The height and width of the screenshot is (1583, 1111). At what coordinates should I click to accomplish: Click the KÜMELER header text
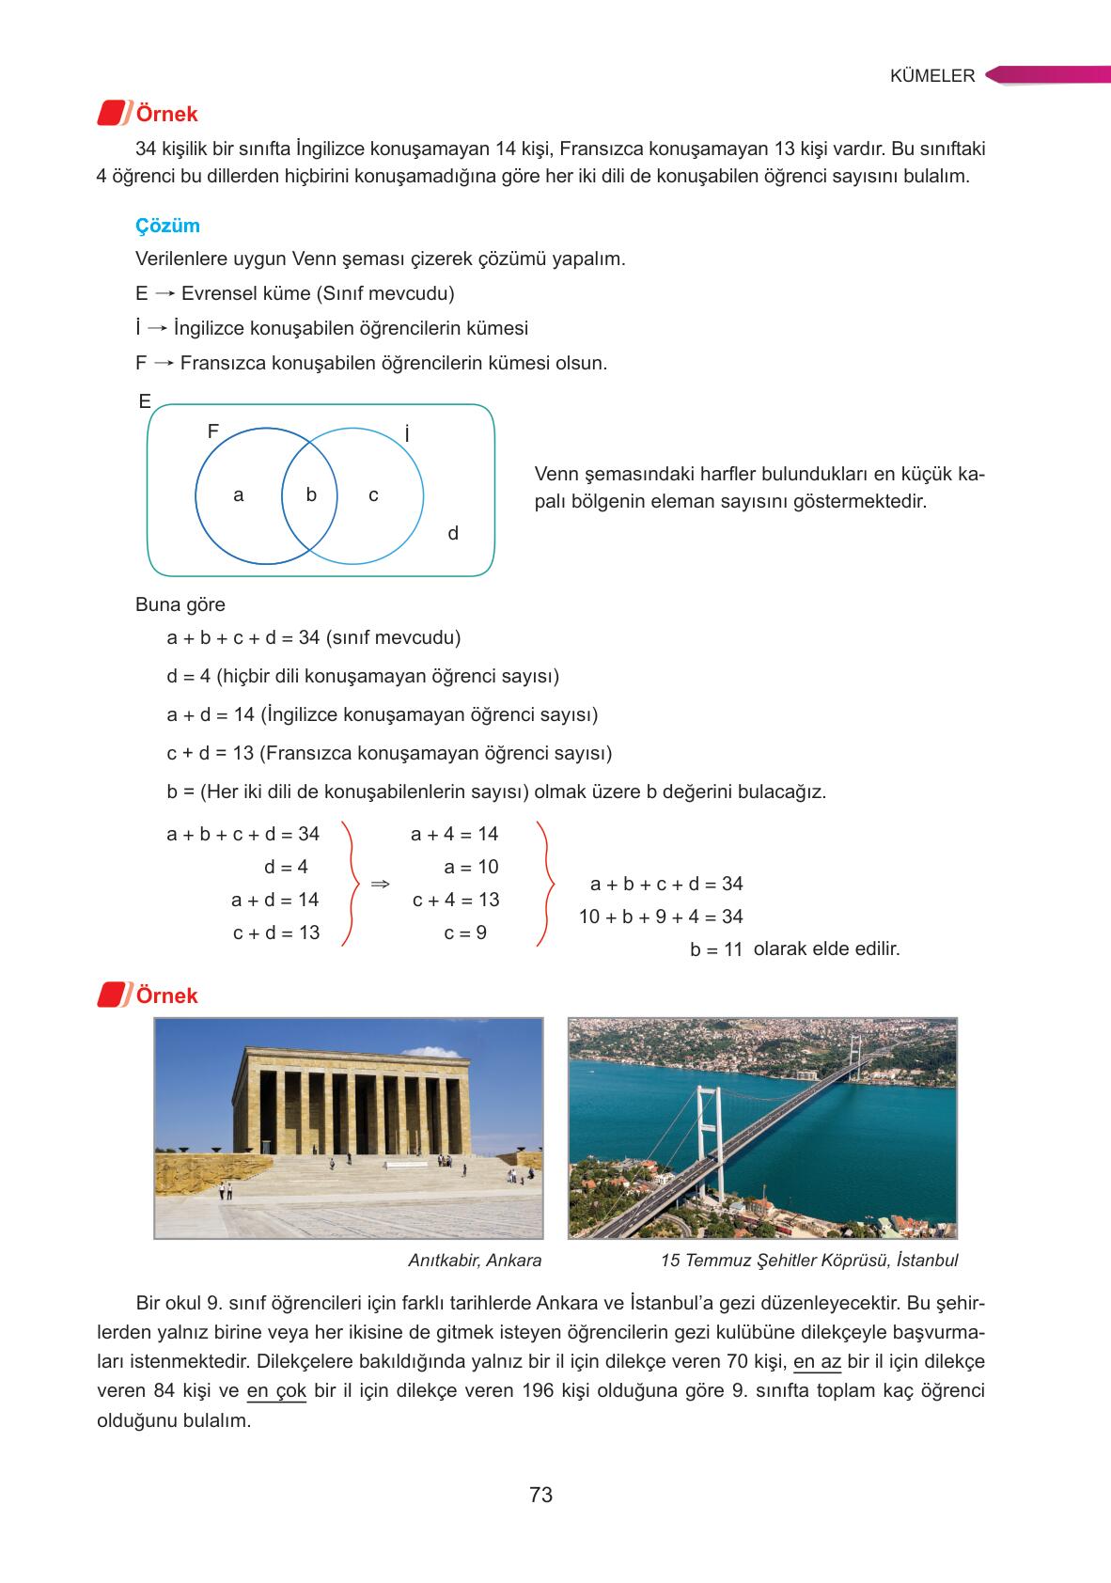[x=931, y=76]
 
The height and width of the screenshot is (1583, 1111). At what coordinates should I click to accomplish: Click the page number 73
[x=540, y=1495]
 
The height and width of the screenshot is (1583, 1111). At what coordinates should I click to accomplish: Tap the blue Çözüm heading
[x=167, y=226]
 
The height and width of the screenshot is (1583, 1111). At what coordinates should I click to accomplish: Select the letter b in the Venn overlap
[x=311, y=494]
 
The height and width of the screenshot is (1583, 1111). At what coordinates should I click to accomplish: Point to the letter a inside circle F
[x=239, y=494]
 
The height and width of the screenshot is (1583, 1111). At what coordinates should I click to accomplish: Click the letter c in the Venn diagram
[x=373, y=495]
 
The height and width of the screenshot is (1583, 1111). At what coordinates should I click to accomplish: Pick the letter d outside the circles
[x=453, y=534]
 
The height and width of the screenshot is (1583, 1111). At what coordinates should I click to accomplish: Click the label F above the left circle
[x=213, y=431]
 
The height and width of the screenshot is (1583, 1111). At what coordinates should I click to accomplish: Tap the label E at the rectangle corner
[x=145, y=402]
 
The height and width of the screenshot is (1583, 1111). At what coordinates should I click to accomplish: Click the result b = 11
[x=717, y=949]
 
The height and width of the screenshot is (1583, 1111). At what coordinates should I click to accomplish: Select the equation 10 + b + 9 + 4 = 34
[x=661, y=917]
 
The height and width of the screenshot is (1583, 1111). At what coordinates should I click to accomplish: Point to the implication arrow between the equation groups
[x=380, y=884]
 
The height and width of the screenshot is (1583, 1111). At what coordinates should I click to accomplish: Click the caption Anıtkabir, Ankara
[x=475, y=1261]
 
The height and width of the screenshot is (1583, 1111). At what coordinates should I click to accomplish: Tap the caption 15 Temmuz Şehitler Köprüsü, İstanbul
[x=809, y=1261]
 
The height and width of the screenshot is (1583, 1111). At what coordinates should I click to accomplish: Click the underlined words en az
[x=817, y=1362]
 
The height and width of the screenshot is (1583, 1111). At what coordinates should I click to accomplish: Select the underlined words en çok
[x=276, y=1391]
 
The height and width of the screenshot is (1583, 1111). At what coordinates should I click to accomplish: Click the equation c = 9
[x=465, y=933]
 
